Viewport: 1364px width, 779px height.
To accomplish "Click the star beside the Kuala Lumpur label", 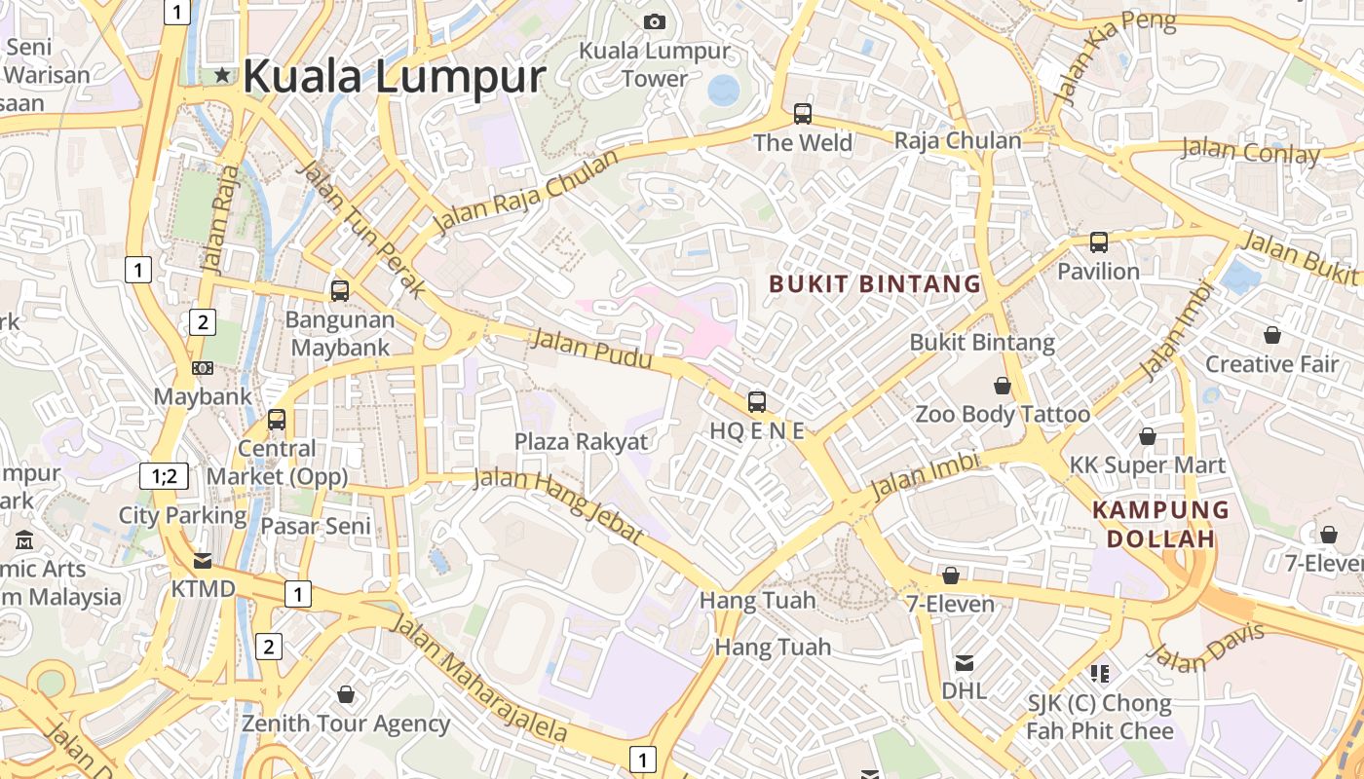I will [x=223, y=75].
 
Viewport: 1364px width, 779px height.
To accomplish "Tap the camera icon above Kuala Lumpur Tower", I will [x=655, y=22].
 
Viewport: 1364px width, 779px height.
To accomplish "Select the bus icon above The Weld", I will [x=803, y=114].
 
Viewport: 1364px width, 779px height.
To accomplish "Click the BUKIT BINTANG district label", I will [x=875, y=284].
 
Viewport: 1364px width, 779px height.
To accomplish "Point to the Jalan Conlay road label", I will [x=1250, y=151].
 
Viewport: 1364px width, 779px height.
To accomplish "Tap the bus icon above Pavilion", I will [x=1099, y=242].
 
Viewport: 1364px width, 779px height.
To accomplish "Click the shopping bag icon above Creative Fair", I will [x=1271, y=336].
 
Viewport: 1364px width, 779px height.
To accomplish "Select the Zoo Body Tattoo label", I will [x=1002, y=415].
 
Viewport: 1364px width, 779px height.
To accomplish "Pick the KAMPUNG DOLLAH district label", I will [x=1160, y=524].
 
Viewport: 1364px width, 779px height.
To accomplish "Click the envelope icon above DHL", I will [x=964, y=663].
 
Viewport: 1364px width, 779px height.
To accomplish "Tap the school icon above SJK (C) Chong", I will [x=1100, y=673].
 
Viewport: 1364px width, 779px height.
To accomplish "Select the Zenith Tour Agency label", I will [x=346, y=723].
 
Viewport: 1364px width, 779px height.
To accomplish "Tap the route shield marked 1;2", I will [x=164, y=476].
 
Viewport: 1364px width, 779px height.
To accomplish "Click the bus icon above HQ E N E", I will [x=757, y=401].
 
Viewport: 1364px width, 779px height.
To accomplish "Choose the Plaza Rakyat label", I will [x=581, y=442].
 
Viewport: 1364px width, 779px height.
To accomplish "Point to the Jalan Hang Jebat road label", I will [x=558, y=506].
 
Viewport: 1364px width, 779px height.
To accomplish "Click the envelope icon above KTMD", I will [x=203, y=561].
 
